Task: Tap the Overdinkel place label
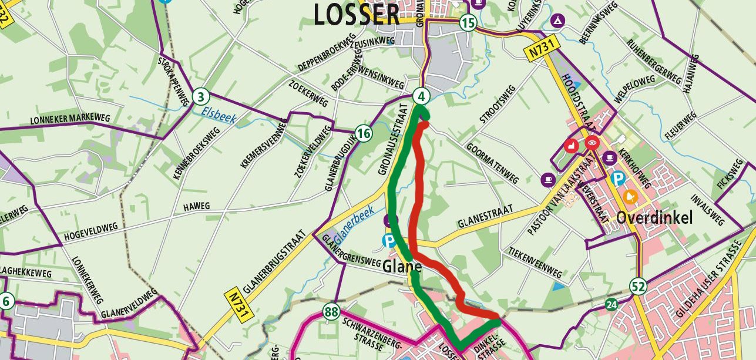[x=654, y=218]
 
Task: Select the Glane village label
[x=402, y=267]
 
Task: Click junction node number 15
[x=468, y=23]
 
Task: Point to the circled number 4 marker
[x=421, y=95]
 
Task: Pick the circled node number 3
[x=201, y=96]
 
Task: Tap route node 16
[x=364, y=134]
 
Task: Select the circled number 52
[x=639, y=287]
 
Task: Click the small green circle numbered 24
[x=612, y=304]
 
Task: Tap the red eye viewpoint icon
[x=592, y=142]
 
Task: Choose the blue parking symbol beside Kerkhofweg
[x=618, y=177]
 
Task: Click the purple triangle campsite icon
[x=556, y=22]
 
